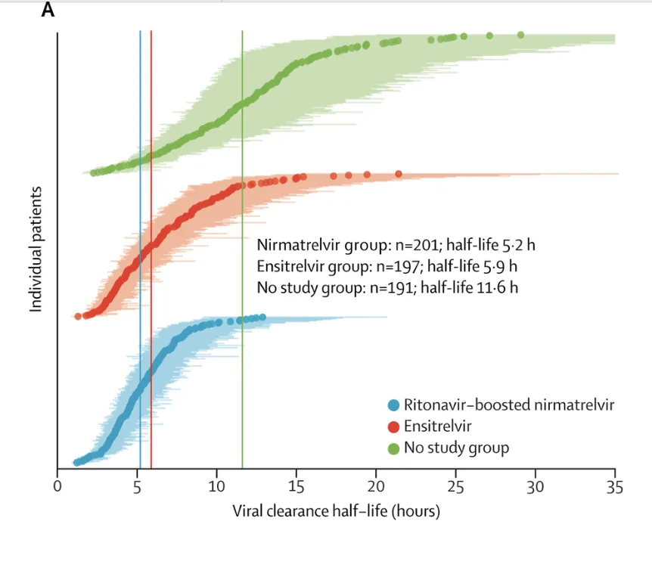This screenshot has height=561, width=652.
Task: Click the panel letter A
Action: pos(48,10)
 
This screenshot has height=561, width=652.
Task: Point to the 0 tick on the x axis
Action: pos(57,485)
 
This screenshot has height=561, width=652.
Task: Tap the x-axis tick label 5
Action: pos(137,485)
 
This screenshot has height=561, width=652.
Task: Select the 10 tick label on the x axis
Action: pos(217,485)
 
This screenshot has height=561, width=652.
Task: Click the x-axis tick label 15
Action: pos(297,485)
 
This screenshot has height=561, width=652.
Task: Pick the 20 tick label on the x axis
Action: pos(376,485)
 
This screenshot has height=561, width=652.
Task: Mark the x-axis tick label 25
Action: pos(455,485)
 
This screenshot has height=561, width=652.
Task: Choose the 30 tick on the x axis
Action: pos(536,485)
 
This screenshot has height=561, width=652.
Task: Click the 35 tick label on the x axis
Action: pos(615,485)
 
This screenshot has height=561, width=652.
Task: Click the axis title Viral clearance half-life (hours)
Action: pos(336,511)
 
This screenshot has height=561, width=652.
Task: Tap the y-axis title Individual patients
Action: pos(35,250)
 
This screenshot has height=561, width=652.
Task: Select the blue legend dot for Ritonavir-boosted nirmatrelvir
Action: pos(393,404)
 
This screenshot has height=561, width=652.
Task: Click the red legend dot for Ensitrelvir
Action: pos(393,426)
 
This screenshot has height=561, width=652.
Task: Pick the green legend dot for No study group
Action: pos(393,448)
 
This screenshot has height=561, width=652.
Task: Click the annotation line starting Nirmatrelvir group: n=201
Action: pos(401,246)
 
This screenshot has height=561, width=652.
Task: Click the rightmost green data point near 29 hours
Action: pos(520,35)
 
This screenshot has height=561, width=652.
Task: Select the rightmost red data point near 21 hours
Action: pos(398,174)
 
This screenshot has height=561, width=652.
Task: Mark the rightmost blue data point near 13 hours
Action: pos(262,318)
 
